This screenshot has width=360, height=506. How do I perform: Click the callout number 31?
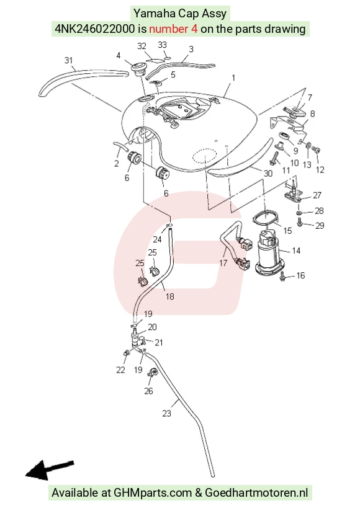[x=68, y=60]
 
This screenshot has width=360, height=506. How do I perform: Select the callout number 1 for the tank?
[x=233, y=78]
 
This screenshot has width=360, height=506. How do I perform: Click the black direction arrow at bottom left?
[x=50, y=469]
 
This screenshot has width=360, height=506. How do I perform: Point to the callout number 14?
[x=296, y=251]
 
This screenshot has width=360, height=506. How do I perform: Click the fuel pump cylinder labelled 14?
[x=270, y=254]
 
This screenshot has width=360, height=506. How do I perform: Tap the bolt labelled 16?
[x=282, y=276]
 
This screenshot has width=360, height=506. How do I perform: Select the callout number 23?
[x=166, y=414]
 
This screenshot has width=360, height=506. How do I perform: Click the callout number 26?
[x=148, y=391]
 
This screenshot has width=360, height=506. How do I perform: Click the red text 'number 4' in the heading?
[x=173, y=29]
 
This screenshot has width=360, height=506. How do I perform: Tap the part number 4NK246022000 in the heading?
[x=94, y=29]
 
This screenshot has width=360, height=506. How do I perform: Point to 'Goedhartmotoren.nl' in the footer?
[x=256, y=493]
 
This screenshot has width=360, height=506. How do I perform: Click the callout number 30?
[x=268, y=174]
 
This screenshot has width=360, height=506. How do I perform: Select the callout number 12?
[x=320, y=170]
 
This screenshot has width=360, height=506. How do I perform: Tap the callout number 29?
[x=320, y=226]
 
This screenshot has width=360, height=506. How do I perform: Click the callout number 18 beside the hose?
[x=170, y=296]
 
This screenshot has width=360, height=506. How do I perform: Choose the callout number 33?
[x=162, y=45]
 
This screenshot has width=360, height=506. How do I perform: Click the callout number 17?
[x=223, y=263]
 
